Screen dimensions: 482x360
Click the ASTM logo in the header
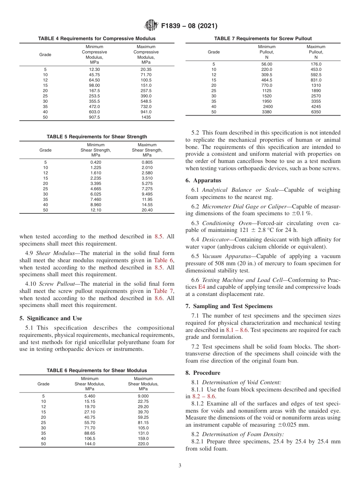[151, 26]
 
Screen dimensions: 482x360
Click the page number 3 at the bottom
[180, 465]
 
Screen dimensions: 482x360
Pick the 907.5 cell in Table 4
[94, 117]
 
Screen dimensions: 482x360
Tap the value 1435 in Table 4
[146, 117]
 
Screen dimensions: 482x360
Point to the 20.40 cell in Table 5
[147, 210]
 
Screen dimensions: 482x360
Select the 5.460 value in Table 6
[90, 396]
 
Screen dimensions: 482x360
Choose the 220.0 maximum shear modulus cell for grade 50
[143, 444]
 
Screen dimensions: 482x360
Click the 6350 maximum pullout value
[316, 112]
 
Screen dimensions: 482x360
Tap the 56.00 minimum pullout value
[267, 64]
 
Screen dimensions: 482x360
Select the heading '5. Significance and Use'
[51, 318]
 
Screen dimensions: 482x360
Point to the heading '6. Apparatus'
[203, 180]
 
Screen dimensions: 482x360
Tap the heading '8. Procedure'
[203, 373]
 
